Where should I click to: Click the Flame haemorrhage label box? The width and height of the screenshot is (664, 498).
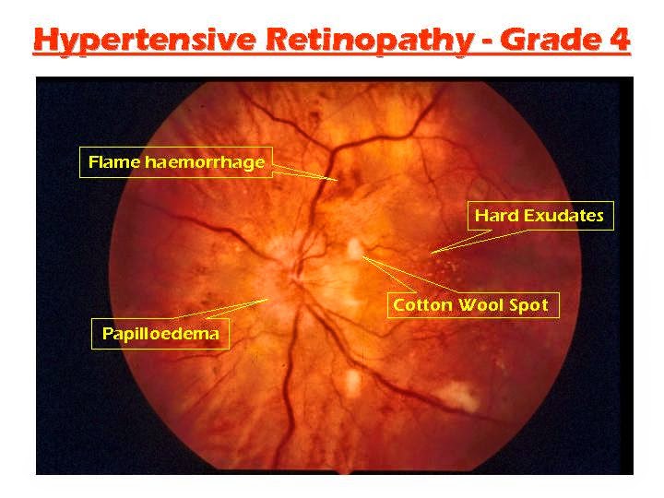pos(176,163)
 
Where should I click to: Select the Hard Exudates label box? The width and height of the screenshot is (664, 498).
pos(539,216)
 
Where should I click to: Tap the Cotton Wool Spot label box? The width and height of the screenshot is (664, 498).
pos(470,304)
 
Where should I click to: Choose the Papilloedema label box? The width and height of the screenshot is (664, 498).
pos(160,334)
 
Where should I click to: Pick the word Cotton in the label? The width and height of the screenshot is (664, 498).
pos(421,304)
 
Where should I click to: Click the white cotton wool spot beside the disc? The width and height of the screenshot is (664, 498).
pos(354,248)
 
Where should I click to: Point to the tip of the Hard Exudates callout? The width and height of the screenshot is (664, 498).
pos(431,251)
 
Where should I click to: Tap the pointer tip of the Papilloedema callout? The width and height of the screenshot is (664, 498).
pos(268,298)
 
